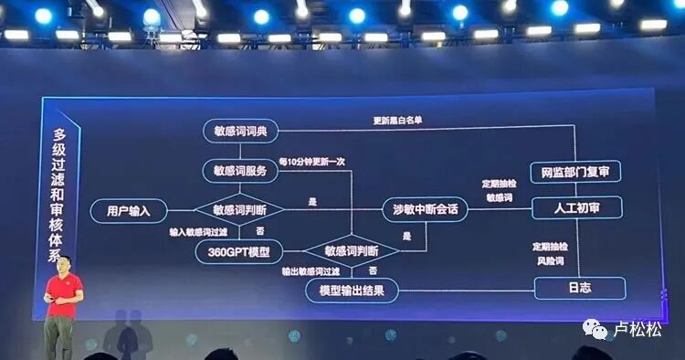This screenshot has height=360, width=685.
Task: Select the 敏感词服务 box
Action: click(x=240, y=170)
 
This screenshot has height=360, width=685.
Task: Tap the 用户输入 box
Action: click(x=129, y=210)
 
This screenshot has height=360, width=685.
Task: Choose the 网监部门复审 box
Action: click(x=575, y=171)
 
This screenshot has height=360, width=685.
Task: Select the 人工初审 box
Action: click(x=575, y=208)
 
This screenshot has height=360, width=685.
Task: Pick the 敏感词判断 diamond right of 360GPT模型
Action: click(x=352, y=250)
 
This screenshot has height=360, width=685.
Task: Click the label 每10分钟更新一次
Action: click(x=311, y=160)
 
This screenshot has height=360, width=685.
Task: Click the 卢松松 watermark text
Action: click(x=638, y=327)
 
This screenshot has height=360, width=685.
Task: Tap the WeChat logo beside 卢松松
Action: click(x=595, y=326)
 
